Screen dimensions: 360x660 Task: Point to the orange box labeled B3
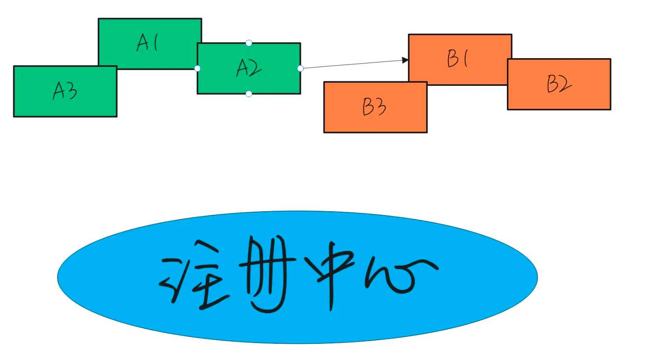coord(343,121)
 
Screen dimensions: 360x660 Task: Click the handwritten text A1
coord(148,43)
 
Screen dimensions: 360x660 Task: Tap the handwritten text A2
coord(249,68)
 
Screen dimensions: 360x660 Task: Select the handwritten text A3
coord(65,91)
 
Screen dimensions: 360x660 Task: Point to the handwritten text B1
coord(458,59)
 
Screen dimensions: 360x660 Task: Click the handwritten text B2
coord(559,84)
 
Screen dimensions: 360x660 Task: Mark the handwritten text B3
coord(374,107)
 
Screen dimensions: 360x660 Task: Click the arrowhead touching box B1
coord(405,60)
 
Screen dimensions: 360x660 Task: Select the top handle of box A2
coord(249,43)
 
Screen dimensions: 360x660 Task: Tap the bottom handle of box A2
coord(249,94)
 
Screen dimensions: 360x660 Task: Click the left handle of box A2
coord(198,68)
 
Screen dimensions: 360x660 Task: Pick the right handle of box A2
coord(301,68)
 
